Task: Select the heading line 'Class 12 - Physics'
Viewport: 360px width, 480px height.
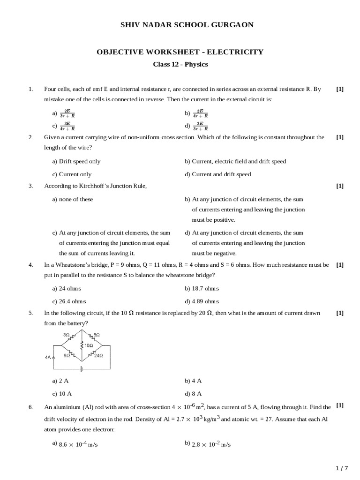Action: [x=180, y=64]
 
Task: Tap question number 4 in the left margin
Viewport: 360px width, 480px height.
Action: [x=31, y=265]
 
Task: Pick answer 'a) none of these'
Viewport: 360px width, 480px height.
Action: [x=73, y=199]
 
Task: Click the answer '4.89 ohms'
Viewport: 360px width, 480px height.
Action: [x=205, y=301]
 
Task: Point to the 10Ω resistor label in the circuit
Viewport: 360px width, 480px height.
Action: [x=88, y=345]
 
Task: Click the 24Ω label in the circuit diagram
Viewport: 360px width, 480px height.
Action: [x=98, y=356]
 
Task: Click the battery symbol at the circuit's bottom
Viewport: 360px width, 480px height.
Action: [x=82, y=368]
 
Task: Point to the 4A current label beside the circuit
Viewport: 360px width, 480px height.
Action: [x=48, y=357]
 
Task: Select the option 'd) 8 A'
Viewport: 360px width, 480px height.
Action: [x=193, y=394]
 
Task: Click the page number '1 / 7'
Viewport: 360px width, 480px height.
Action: [x=343, y=468]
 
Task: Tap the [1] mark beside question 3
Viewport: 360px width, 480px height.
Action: [x=340, y=186]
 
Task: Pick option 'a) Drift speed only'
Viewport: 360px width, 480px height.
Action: [x=76, y=161]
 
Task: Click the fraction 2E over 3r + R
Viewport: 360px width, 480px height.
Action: [x=67, y=113]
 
